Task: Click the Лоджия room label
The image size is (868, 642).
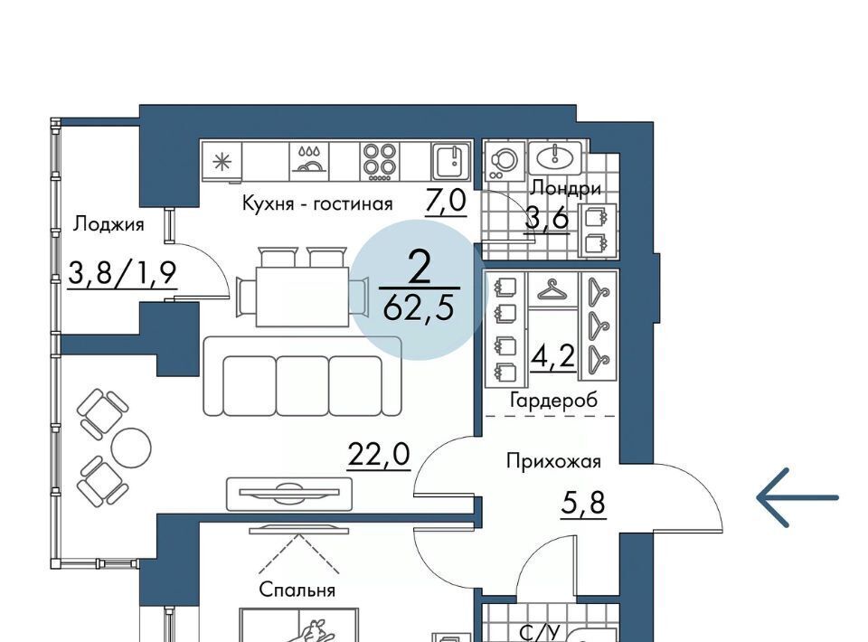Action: click(x=109, y=224)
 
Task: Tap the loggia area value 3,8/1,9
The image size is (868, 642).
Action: click(x=122, y=273)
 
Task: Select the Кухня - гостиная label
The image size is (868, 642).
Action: click(x=317, y=203)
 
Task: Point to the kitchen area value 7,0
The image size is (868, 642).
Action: click(x=446, y=201)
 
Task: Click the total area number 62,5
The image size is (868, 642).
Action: click(x=419, y=307)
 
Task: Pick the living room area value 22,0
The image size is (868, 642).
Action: click(x=379, y=455)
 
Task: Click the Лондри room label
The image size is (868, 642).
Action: click(x=565, y=189)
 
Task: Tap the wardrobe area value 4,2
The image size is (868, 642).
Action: click(x=553, y=357)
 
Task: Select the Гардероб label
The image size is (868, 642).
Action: click(x=554, y=400)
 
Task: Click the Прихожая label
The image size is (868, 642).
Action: click(x=553, y=461)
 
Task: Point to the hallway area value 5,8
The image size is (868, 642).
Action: click(x=583, y=504)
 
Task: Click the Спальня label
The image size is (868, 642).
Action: click(x=297, y=590)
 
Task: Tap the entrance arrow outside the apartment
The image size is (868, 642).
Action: click(x=797, y=497)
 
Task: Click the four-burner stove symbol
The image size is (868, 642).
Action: click(x=380, y=161)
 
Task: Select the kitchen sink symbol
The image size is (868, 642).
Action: click(x=451, y=161)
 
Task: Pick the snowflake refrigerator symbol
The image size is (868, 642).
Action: click(x=222, y=161)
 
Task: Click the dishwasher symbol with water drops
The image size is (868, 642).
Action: click(x=309, y=161)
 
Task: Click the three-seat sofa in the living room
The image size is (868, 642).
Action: click(x=302, y=376)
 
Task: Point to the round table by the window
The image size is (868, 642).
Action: click(x=131, y=448)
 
